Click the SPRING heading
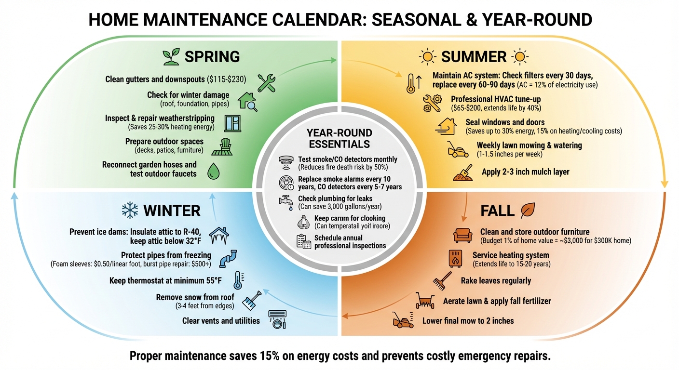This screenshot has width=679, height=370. pos(212,56)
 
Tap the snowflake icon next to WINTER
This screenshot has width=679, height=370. pos(130,210)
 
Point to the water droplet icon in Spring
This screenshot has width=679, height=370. pos(213,171)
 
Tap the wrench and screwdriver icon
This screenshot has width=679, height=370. pos(266,82)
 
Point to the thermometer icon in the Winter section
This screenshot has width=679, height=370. pos(238,280)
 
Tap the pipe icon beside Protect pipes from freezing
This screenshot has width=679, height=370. pos(228,258)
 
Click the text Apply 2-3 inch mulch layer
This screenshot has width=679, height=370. pos(526,172)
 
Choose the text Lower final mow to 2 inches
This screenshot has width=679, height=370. pos(468,320)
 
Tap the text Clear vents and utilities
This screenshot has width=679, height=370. pos(221,320)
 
